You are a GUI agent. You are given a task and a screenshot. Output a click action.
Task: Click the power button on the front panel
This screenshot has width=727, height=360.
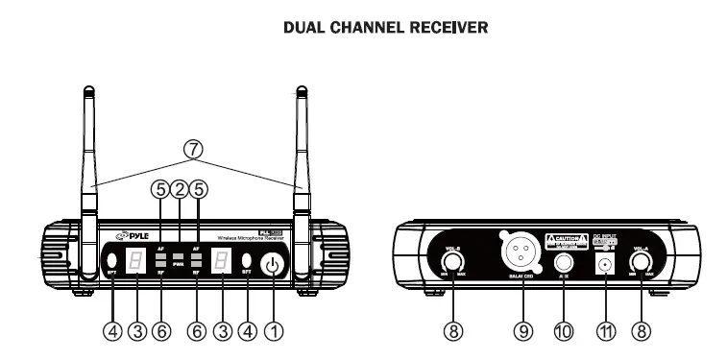[275, 263]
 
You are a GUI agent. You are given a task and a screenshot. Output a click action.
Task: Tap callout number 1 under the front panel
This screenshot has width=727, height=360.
[275, 331]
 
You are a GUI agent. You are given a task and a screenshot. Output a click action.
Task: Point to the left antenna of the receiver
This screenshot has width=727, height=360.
[87, 173]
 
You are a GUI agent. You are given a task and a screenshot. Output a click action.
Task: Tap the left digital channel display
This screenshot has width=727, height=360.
[137, 261]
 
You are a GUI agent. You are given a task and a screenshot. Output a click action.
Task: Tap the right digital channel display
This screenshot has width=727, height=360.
[221, 261]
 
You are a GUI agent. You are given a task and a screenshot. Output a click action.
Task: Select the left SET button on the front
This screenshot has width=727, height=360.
[111, 260]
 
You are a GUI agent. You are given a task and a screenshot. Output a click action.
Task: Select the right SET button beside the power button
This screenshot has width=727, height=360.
[247, 260]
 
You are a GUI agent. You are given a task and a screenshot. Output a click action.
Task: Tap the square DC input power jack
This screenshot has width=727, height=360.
[606, 264]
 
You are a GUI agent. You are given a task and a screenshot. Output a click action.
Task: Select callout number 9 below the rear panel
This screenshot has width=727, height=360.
[522, 331]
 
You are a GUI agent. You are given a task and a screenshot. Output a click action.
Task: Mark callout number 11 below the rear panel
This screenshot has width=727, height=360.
[606, 331]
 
